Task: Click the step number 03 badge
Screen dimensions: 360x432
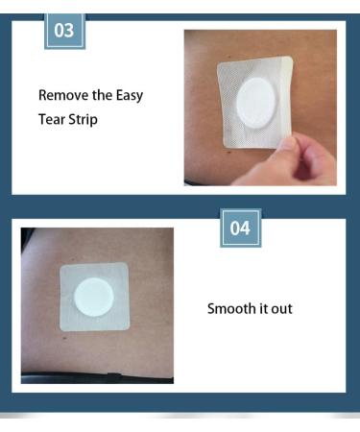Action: pyautogui.click(x=64, y=31)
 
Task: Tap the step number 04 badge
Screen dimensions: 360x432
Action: pyautogui.click(x=240, y=228)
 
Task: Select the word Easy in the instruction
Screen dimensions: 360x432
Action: pyautogui.click(x=130, y=96)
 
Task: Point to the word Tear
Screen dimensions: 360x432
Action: pyautogui.click(x=52, y=119)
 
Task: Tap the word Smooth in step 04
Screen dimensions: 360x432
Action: pyautogui.click(x=230, y=308)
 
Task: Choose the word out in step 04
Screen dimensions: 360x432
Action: pyautogui.click(x=282, y=309)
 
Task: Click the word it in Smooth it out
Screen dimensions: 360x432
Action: pyautogui.click(x=263, y=308)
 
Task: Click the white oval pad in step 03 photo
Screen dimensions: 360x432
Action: pyautogui.click(x=255, y=103)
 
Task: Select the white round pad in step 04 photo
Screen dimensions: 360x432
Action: pyautogui.click(x=94, y=298)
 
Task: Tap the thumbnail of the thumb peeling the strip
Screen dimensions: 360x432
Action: pyautogui.click(x=288, y=144)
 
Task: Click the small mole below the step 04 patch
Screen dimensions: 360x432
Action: pyautogui.click(x=65, y=338)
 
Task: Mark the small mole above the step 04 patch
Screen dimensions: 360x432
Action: pyautogui.click(x=73, y=259)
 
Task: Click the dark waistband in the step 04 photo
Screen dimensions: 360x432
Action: pyautogui.click(x=97, y=378)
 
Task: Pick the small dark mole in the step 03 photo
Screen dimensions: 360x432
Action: pyautogui.click(x=229, y=153)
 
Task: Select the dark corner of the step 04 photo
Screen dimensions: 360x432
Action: pyautogui.click(x=26, y=236)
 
